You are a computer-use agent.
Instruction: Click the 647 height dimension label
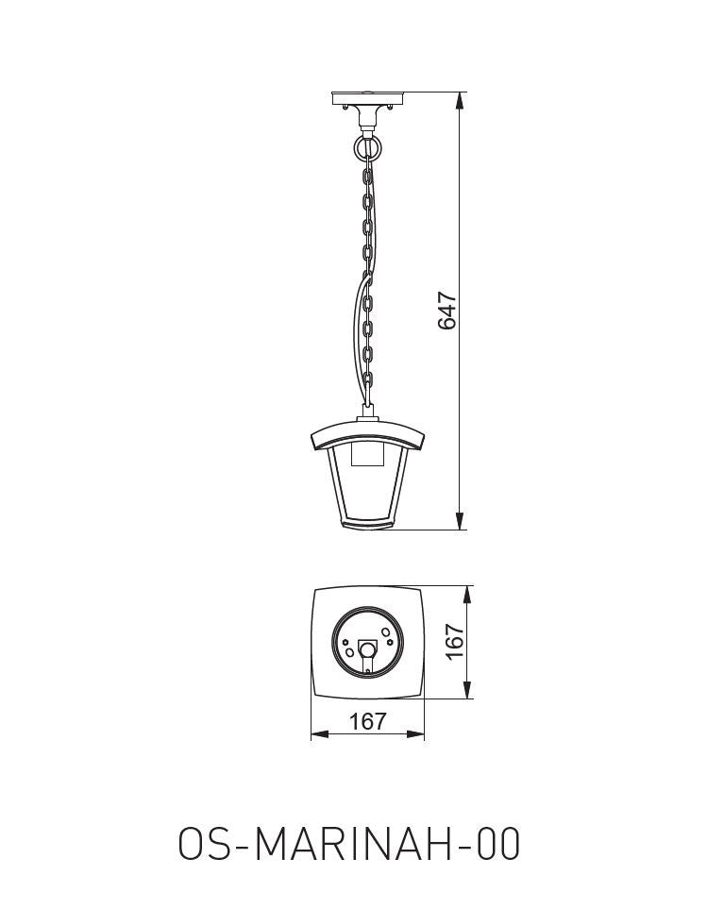[x=447, y=311]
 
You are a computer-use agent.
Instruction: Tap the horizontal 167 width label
[x=368, y=721]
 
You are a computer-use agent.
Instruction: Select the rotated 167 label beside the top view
[x=455, y=642]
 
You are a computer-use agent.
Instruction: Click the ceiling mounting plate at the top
[x=367, y=97]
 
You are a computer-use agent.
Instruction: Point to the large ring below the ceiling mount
[x=367, y=146]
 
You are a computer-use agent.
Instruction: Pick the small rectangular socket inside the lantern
[x=367, y=457]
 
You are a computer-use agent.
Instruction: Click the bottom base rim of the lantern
[x=367, y=525]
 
